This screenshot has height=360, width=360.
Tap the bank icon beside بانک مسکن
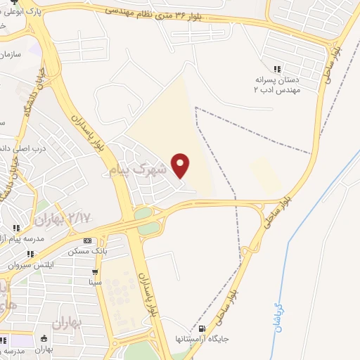pos(86,240)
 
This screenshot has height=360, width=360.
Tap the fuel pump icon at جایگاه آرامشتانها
pos(203,329)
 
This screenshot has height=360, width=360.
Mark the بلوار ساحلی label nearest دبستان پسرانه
pos(328,65)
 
